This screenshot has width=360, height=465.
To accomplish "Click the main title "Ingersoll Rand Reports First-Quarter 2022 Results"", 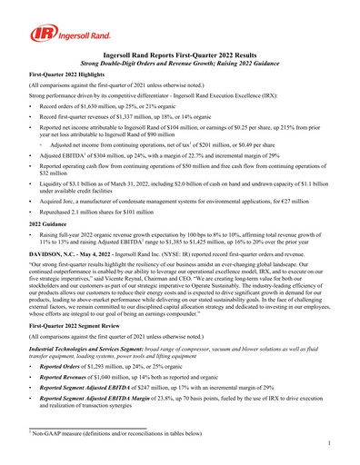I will point(180,56).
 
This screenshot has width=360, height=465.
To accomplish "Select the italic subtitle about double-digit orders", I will point(180,64).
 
